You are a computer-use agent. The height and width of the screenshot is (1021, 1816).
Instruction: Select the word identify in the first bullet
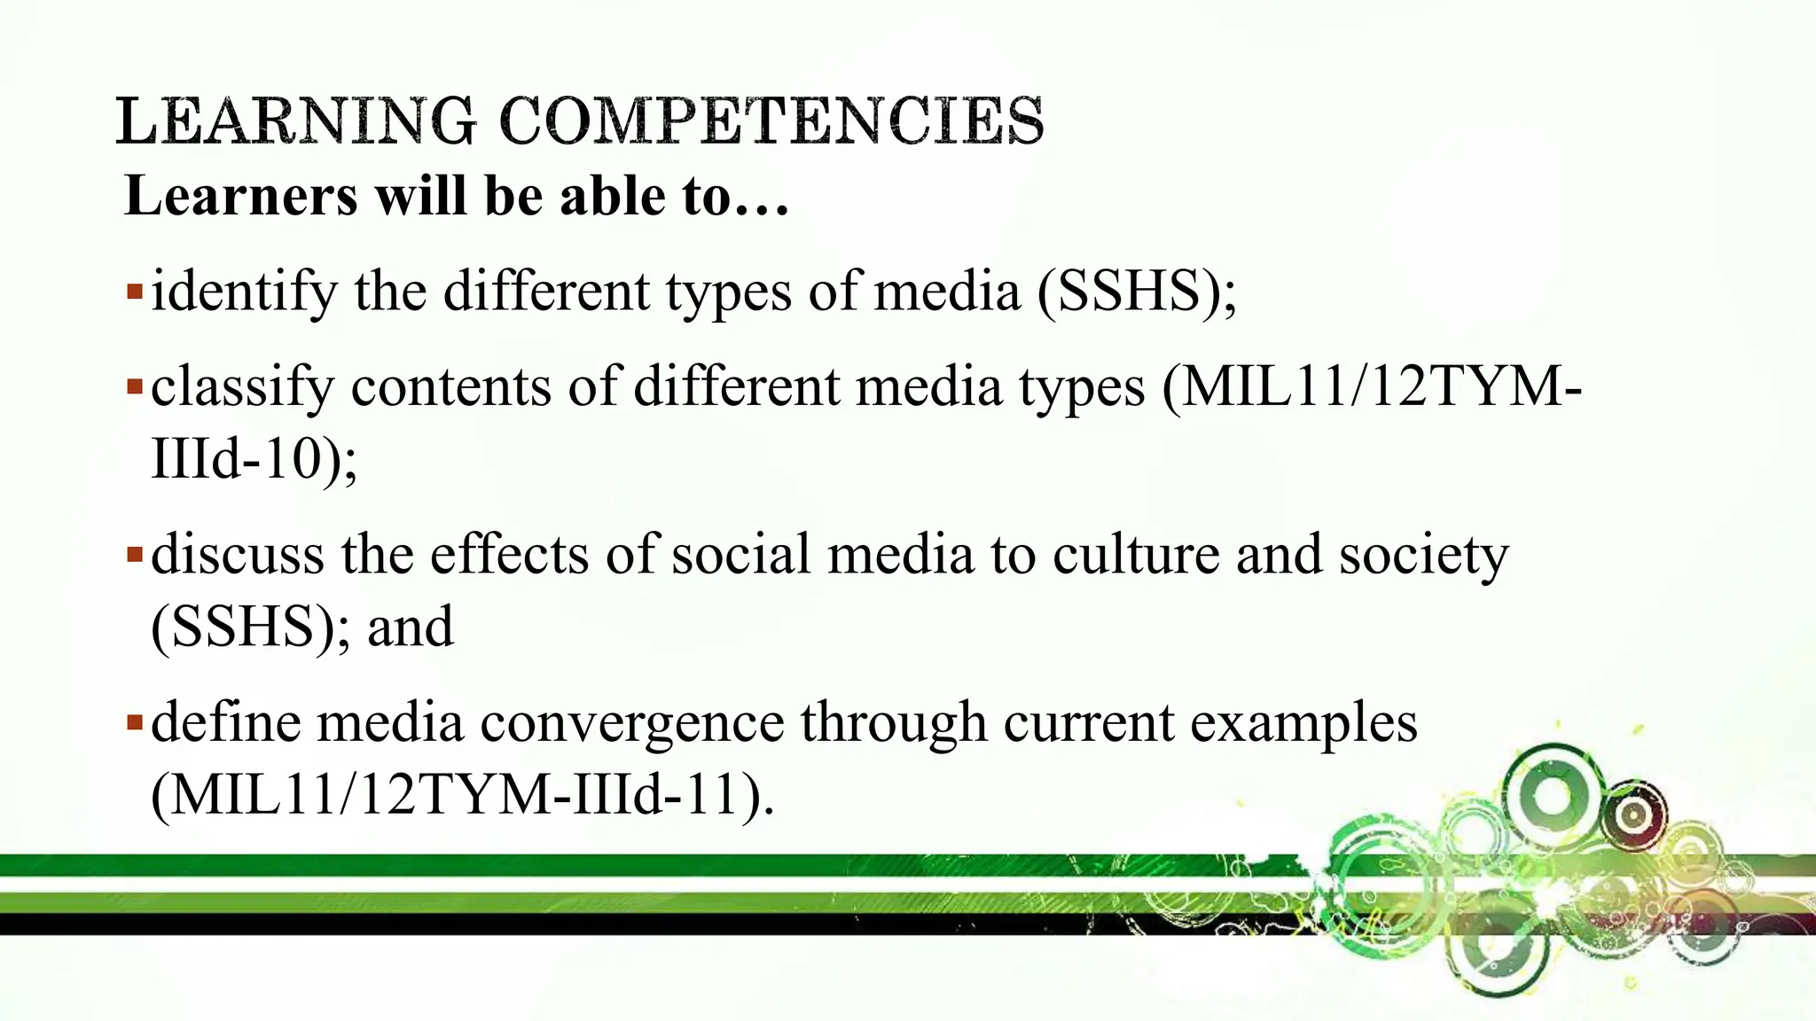coord(245,292)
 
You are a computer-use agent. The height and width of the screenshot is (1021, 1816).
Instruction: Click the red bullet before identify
coord(134,291)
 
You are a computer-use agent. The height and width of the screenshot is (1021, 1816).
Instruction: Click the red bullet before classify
coord(134,387)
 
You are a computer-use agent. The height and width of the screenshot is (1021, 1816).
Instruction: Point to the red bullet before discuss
coord(134,555)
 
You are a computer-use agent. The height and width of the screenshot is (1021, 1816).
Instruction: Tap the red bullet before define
coord(134,722)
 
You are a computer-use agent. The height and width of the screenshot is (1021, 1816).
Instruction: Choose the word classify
coord(242,388)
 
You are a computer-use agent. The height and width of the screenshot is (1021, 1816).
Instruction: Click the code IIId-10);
coord(254,459)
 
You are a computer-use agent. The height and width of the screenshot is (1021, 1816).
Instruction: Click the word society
coord(1423,557)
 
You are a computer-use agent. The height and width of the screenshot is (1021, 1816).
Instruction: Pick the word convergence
coord(632,723)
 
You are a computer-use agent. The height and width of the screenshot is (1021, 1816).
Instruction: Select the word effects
coord(510,555)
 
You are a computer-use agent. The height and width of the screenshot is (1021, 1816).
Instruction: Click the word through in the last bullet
coord(894,723)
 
